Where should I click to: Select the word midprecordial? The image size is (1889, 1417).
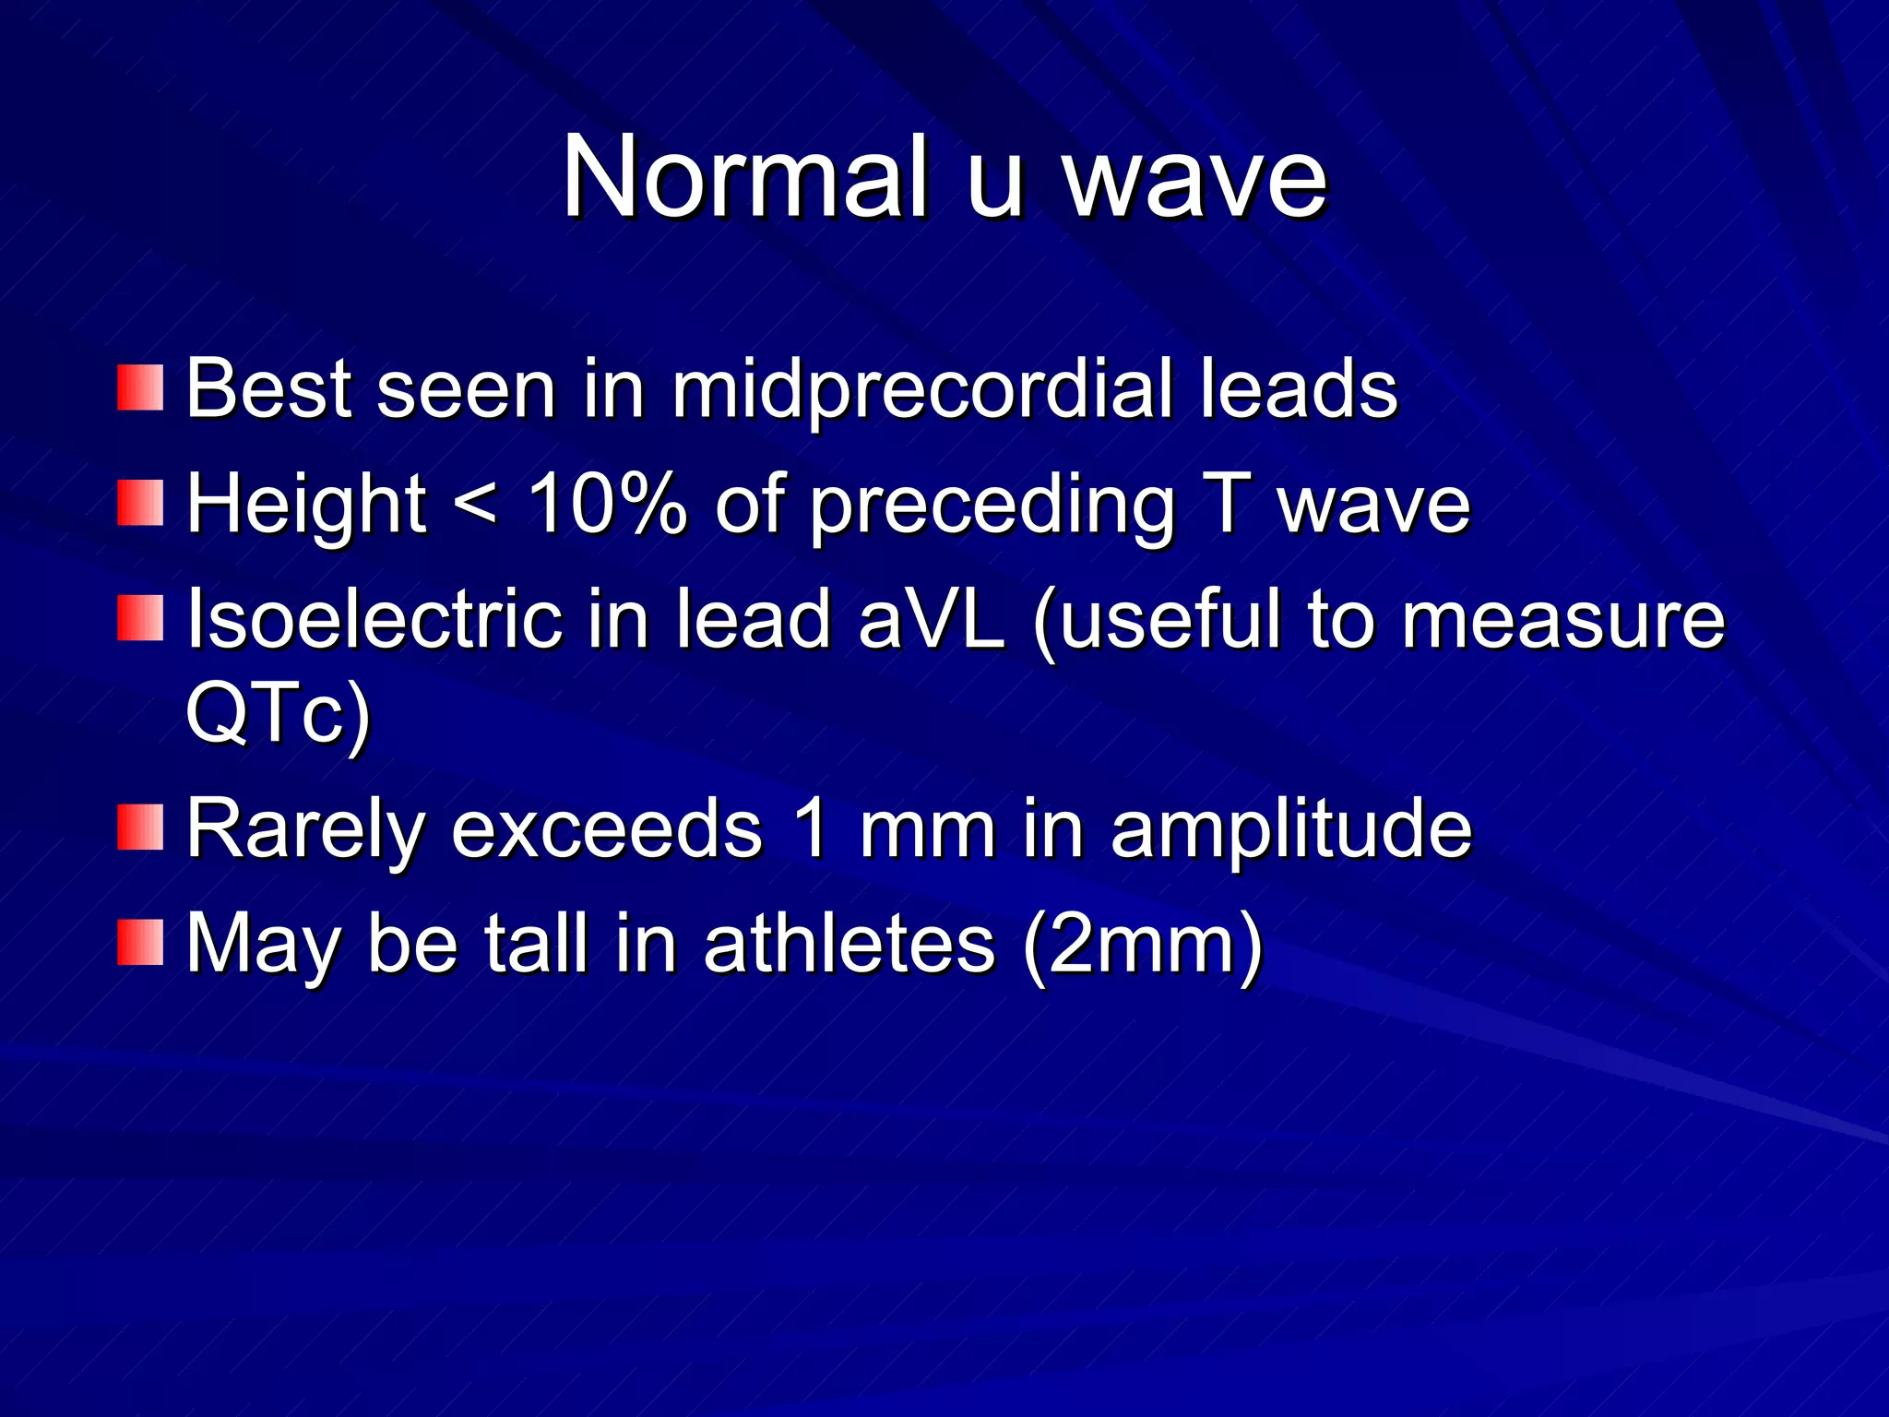[921, 390]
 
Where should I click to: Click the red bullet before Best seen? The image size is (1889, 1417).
[140, 387]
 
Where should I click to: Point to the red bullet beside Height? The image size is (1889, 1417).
[140, 503]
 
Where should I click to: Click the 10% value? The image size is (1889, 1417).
[607, 505]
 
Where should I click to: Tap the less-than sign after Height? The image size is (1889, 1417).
[476, 506]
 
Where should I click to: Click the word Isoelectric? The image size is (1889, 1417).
[374, 620]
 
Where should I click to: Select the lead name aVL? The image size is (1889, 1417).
[931, 620]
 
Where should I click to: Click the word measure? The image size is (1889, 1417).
[1562, 620]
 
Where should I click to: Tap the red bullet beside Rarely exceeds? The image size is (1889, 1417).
[140, 827]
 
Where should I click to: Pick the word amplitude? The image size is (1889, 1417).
[1291, 829]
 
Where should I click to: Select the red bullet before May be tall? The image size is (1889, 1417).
[140, 942]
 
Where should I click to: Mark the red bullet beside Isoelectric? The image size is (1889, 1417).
[140, 618]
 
